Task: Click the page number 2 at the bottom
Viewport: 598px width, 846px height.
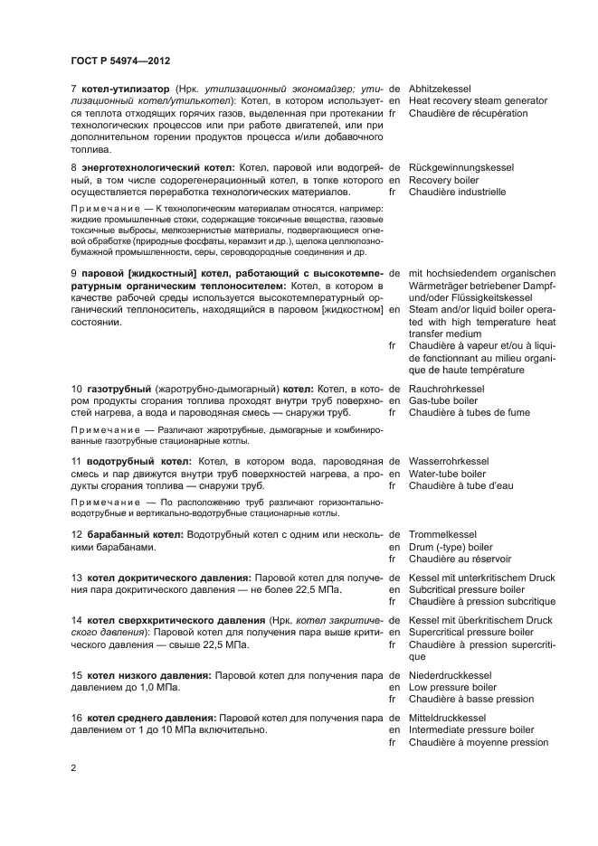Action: coord(73,767)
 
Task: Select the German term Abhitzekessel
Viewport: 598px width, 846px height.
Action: coord(440,89)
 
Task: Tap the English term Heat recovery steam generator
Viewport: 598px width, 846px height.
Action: coord(478,101)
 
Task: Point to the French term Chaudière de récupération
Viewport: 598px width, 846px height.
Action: coord(468,113)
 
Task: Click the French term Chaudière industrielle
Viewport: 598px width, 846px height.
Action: coord(457,192)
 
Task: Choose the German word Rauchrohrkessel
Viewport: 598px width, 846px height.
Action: coord(447,389)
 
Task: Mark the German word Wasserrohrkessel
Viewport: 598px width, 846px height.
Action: coord(449,461)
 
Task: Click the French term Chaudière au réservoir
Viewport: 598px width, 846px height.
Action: coord(462,559)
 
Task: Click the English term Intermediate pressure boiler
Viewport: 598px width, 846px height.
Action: coord(471,730)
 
